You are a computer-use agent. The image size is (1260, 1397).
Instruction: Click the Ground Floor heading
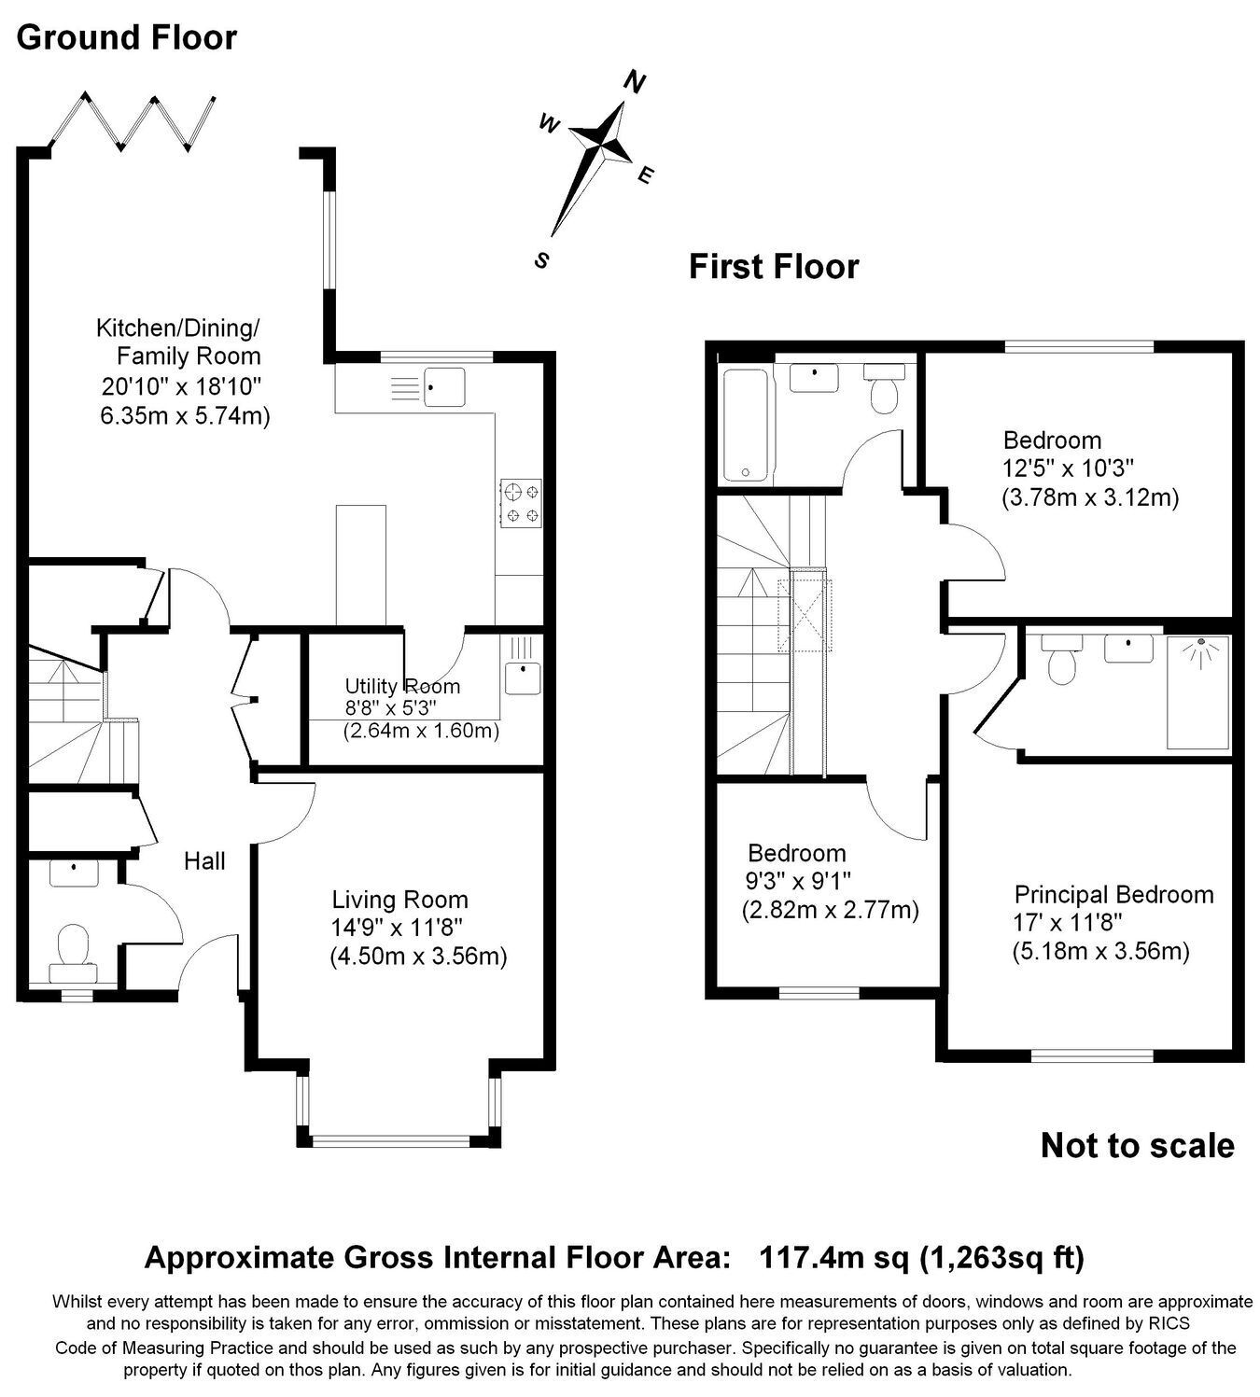point(126,37)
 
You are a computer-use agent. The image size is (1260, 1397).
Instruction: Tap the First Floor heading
point(774,267)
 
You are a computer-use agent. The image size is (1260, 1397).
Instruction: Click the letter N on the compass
point(634,81)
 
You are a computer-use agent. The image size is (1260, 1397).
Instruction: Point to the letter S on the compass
point(542,260)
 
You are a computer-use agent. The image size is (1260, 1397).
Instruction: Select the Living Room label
point(399,900)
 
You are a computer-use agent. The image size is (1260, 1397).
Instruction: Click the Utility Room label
point(402,687)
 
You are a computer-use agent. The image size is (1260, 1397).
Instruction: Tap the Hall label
point(204,861)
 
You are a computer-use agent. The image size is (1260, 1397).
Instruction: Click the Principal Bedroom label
point(1113,895)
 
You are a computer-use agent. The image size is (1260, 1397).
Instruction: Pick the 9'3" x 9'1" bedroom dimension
point(798,882)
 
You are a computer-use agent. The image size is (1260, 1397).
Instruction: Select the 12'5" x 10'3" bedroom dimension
point(1069,468)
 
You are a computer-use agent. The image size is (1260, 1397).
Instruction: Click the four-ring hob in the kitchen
point(521,504)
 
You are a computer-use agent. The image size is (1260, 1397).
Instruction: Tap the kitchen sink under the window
point(444,387)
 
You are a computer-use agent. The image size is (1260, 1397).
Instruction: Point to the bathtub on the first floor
point(746,426)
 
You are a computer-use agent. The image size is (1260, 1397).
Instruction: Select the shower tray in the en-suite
point(1197,692)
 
